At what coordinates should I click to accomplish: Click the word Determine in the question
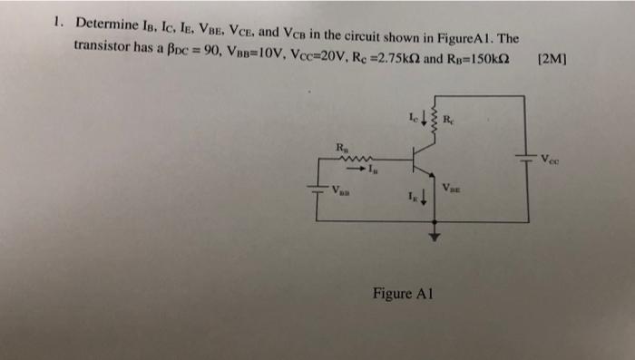tap(106, 23)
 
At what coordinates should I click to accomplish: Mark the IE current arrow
tap(425, 197)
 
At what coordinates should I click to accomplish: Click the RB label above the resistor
tap(341, 146)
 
